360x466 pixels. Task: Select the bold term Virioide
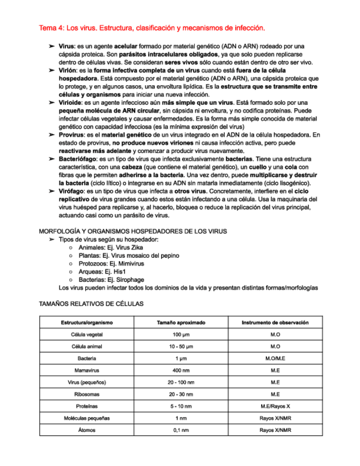pyautogui.click(x=70, y=103)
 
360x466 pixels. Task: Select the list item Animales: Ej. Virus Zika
pyautogui.click(x=110, y=248)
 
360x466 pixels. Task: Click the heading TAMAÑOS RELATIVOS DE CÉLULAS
pyautogui.click(x=91, y=303)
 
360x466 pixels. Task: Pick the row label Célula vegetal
pyautogui.click(x=86, y=335)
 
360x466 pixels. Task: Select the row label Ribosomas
pyautogui.click(x=86, y=394)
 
